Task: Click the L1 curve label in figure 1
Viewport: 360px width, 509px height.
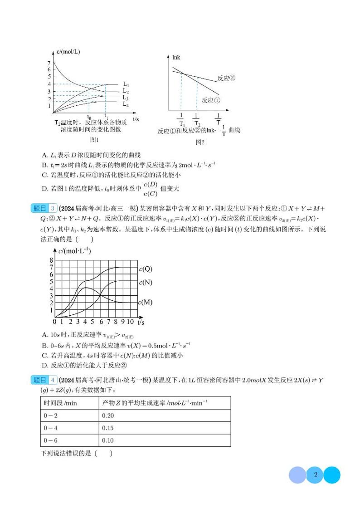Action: [x=126, y=84]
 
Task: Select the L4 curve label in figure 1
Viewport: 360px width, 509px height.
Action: [x=126, y=104]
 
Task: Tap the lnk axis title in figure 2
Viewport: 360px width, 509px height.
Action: [x=176, y=58]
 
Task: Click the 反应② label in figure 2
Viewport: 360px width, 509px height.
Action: [x=226, y=78]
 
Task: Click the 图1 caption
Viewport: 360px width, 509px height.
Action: [x=94, y=140]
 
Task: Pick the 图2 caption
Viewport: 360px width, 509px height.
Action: [x=200, y=142]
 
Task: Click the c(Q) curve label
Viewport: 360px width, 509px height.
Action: [x=146, y=269]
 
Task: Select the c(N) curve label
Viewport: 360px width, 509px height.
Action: [x=146, y=283]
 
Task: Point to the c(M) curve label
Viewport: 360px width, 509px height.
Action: [x=146, y=302]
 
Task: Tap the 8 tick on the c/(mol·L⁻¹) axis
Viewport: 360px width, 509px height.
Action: [x=51, y=260]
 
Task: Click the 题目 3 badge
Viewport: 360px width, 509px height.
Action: [x=44, y=209]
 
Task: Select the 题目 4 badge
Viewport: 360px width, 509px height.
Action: [x=44, y=380]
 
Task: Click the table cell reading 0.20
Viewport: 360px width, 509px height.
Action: [x=108, y=415]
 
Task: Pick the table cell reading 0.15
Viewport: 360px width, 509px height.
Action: [x=108, y=428]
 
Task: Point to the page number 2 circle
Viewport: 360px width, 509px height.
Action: [x=315, y=475]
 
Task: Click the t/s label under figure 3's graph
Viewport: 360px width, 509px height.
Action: [x=141, y=322]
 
